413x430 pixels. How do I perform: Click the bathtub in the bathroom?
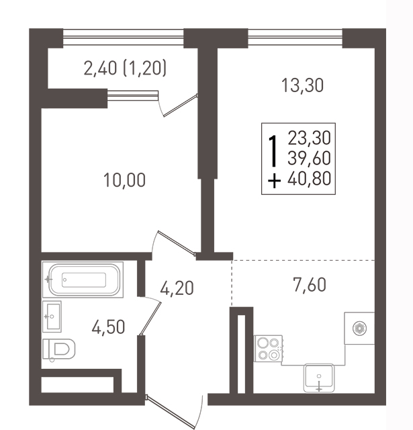[x=83, y=279]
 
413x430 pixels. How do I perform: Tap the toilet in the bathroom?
[x=59, y=349]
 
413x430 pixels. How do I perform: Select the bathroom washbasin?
[x=52, y=316]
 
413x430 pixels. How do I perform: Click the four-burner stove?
[x=269, y=349]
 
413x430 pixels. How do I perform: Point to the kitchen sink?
[x=319, y=378]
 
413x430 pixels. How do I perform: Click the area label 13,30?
[x=303, y=85]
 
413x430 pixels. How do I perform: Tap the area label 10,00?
[x=124, y=180]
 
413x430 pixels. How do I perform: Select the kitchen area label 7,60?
[x=310, y=284]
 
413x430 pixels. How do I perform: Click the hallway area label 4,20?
[x=177, y=288]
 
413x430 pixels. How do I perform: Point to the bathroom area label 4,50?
[x=109, y=327]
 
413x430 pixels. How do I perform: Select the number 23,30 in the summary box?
[x=310, y=138]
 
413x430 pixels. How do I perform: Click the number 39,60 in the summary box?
[x=310, y=159]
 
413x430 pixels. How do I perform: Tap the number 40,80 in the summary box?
[x=310, y=179]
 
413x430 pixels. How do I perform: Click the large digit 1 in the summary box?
[x=273, y=151]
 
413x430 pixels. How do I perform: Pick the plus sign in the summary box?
[x=274, y=181]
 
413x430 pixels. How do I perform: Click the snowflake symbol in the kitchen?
[x=359, y=328]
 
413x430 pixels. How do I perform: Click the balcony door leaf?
[x=181, y=105]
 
